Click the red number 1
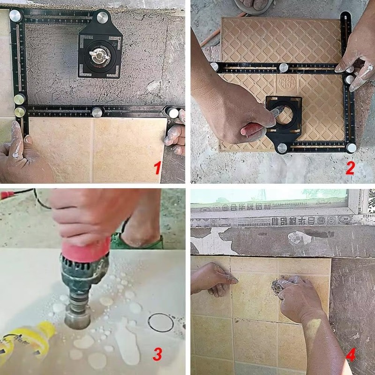pyautogui.click(x=158, y=167)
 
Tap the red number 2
pyautogui.click(x=349, y=167)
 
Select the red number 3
pyautogui.click(x=158, y=355)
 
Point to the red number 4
pyautogui.click(x=349, y=355)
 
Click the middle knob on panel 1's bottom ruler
pyautogui.click(x=97, y=112)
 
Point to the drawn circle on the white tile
pyautogui.click(x=160, y=322)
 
